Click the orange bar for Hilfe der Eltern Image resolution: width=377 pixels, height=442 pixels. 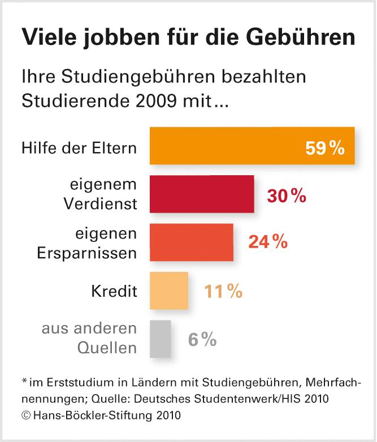pos(252,146)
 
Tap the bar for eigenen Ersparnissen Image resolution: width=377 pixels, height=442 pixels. pos(192,242)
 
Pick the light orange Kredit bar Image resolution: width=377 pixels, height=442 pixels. pos(169,291)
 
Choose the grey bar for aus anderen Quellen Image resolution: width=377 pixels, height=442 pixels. pos(161,339)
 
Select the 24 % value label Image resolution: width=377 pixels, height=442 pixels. pos(268,243)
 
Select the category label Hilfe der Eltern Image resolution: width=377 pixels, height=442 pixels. pos(79,149)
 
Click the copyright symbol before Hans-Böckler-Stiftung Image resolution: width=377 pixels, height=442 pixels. pos(25,416)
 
